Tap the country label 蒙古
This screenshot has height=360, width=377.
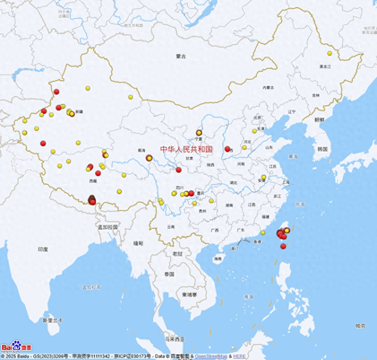[181, 57]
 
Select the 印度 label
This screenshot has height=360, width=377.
[43, 249]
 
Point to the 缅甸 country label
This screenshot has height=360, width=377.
[138, 243]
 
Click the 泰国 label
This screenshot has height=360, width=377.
[170, 275]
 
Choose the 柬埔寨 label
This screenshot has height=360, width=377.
[190, 295]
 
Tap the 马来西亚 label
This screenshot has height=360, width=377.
[174, 339]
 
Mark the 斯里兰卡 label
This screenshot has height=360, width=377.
[52, 321]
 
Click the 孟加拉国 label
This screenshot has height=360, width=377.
[108, 227]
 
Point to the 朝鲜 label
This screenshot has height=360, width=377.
[319, 119]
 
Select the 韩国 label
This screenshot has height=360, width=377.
[322, 149]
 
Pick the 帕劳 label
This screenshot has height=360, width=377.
[361, 325]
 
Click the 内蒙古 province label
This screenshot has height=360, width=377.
[269, 88]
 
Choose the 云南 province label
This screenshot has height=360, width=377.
[170, 227]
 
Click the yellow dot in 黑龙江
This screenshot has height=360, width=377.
[330, 54]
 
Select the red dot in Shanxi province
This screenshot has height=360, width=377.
[227, 149]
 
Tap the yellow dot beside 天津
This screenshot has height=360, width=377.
[254, 131]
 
